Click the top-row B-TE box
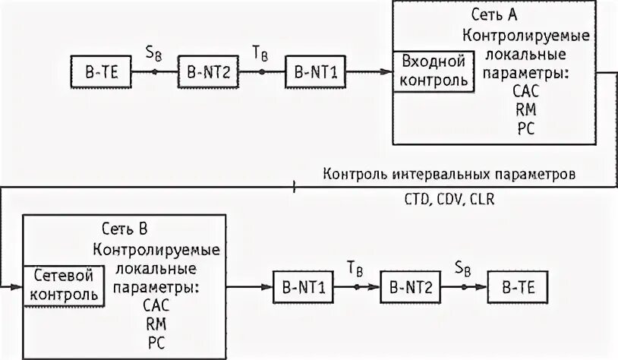(100, 74)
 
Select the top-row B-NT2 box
(207, 74)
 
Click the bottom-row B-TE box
(517, 288)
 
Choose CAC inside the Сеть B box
(156, 305)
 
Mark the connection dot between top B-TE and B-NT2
(153, 73)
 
